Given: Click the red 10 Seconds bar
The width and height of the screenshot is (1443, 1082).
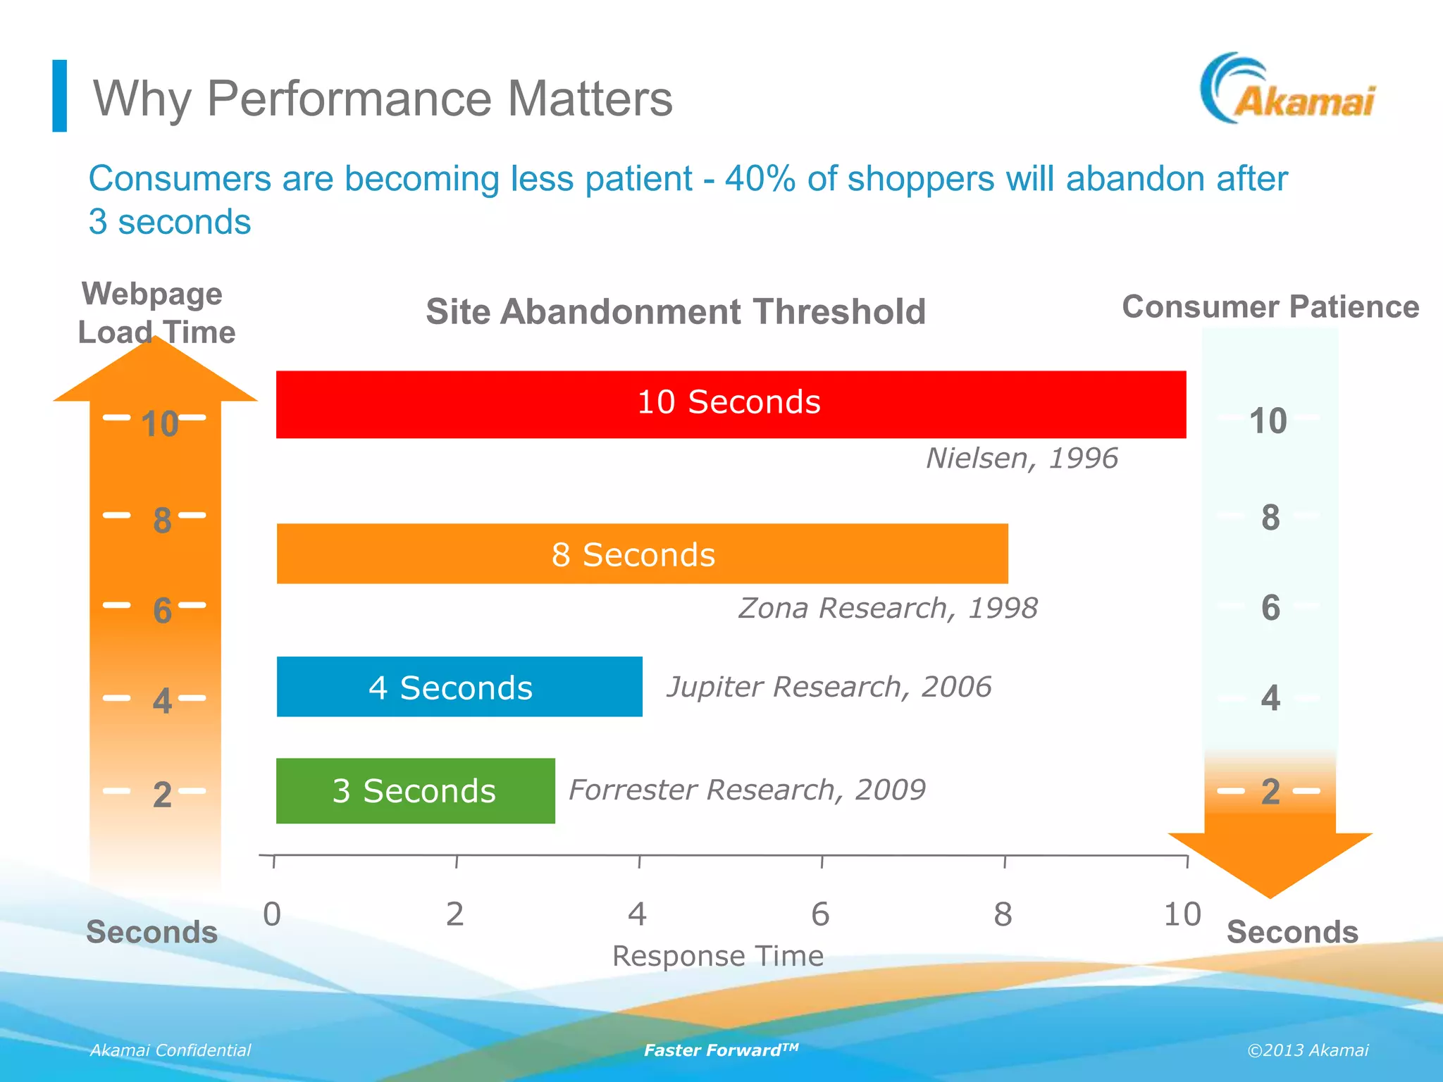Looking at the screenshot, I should [731, 404].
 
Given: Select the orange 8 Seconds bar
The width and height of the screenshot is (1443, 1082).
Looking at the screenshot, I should [642, 554].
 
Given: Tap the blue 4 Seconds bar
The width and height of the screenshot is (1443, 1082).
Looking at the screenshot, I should [459, 687].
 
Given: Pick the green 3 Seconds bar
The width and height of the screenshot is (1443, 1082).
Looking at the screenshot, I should [415, 790].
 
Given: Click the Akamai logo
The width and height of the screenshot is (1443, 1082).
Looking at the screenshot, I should [1288, 90].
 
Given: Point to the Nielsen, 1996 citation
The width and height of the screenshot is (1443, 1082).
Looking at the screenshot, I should [1021, 459].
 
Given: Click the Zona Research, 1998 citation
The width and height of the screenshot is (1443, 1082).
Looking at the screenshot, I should [887, 608].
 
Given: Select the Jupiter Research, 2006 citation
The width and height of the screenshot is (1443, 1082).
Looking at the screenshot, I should [829, 687].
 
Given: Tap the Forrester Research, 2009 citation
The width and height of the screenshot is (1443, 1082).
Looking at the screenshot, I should [746, 790].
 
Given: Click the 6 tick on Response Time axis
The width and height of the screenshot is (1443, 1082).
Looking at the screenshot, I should [821, 914].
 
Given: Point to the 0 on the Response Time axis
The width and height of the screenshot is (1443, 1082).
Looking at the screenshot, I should [272, 914].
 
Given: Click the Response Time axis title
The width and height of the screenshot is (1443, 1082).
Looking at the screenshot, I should [717, 956].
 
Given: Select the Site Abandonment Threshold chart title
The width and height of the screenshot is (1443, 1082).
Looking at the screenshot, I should [675, 311].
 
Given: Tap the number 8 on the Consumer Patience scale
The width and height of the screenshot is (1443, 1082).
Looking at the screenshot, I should [1270, 518].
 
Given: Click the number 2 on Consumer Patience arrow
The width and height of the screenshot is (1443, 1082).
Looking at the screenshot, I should [1270, 792].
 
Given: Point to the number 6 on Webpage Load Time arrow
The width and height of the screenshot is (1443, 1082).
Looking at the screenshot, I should [162, 610].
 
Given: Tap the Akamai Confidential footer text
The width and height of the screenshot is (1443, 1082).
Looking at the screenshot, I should [170, 1050].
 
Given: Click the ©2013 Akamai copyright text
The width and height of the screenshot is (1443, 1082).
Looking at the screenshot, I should [1307, 1050].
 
